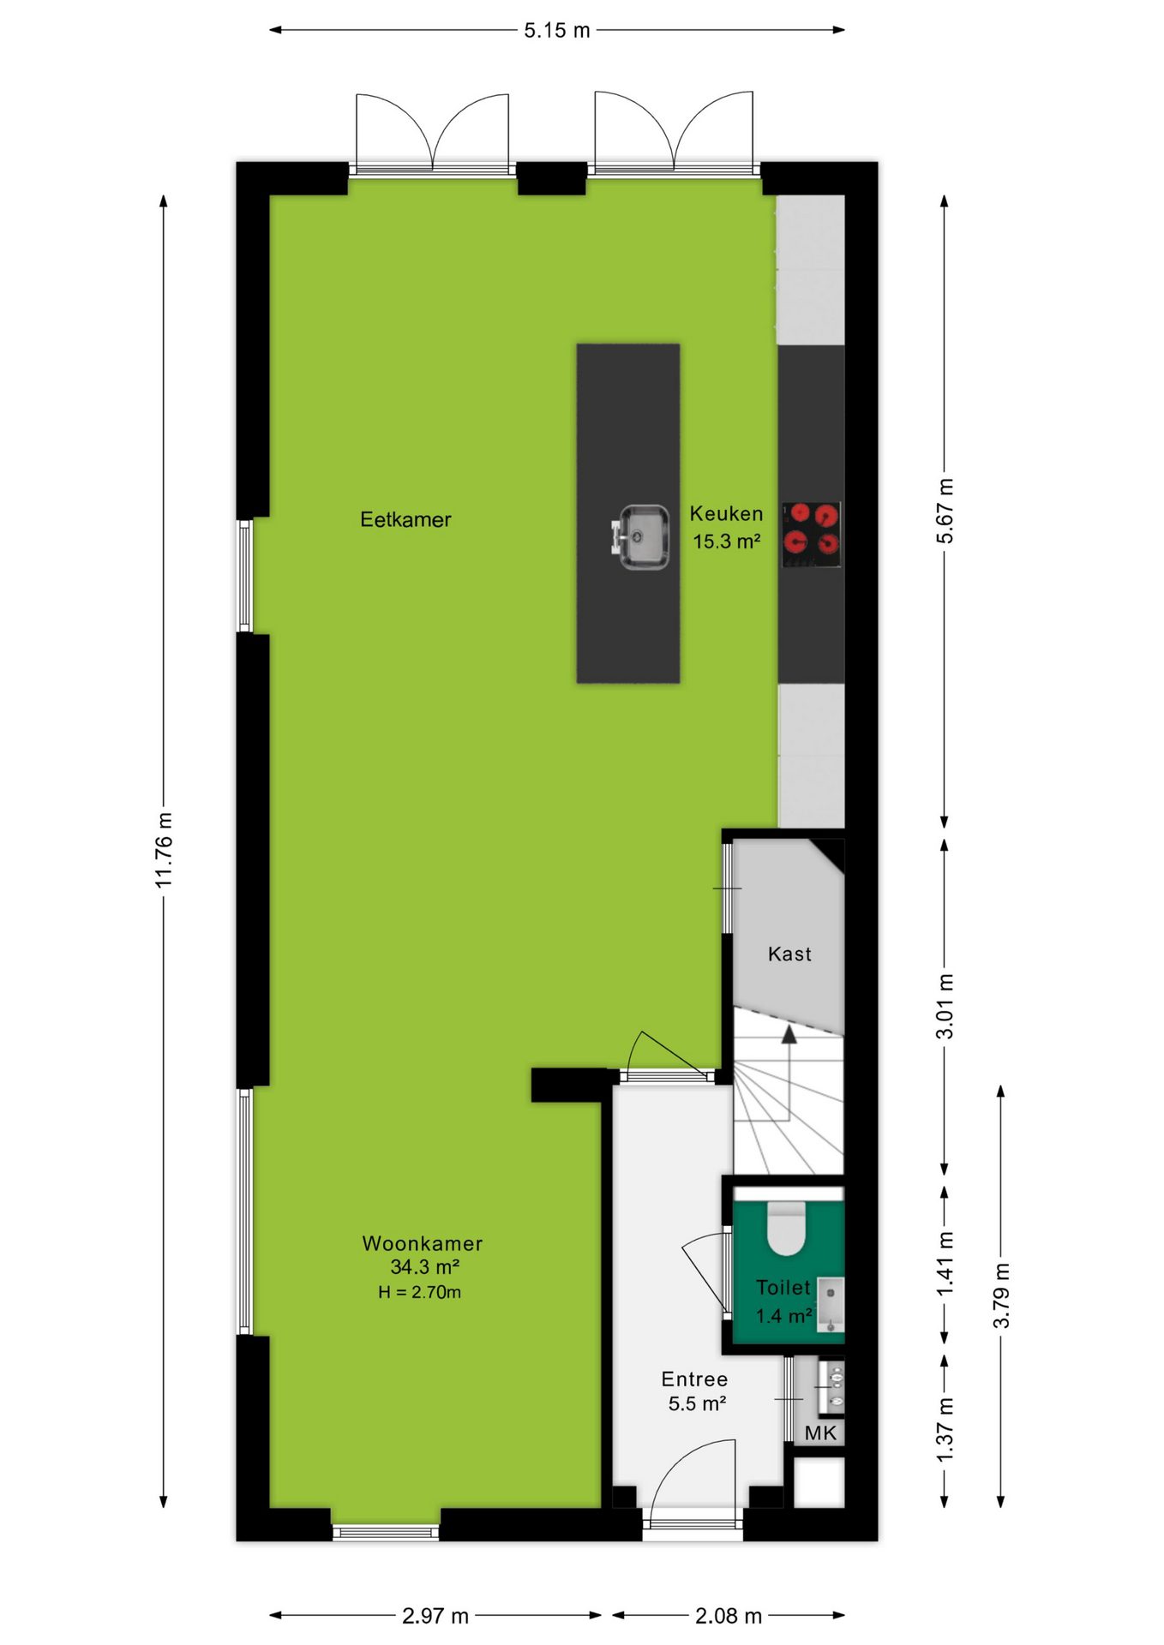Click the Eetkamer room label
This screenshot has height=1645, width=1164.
tap(405, 519)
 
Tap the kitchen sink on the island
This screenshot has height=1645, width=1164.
tap(640, 537)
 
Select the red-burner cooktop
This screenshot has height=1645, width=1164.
tap(811, 535)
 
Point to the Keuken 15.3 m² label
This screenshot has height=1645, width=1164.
tap(726, 527)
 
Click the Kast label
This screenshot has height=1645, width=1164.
tap(789, 954)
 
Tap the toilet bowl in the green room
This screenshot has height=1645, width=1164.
tap(785, 1227)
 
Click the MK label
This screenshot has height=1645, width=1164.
tap(820, 1433)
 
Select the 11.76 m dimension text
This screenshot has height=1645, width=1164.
tap(164, 849)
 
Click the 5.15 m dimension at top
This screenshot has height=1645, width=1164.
tap(557, 30)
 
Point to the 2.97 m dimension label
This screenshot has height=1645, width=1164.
tap(435, 1616)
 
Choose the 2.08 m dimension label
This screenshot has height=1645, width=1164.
tap(729, 1616)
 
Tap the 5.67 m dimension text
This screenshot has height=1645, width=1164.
tap(944, 511)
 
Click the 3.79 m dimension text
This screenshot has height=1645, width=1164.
tap(1001, 1295)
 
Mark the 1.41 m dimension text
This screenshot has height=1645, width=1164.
tap(944, 1265)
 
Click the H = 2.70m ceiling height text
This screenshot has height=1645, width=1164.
tap(420, 1292)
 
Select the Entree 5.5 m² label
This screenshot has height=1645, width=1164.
tap(695, 1391)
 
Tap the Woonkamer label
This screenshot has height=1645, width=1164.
tap(423, 1243)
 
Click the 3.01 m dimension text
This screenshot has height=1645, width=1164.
tap(944, 1006)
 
